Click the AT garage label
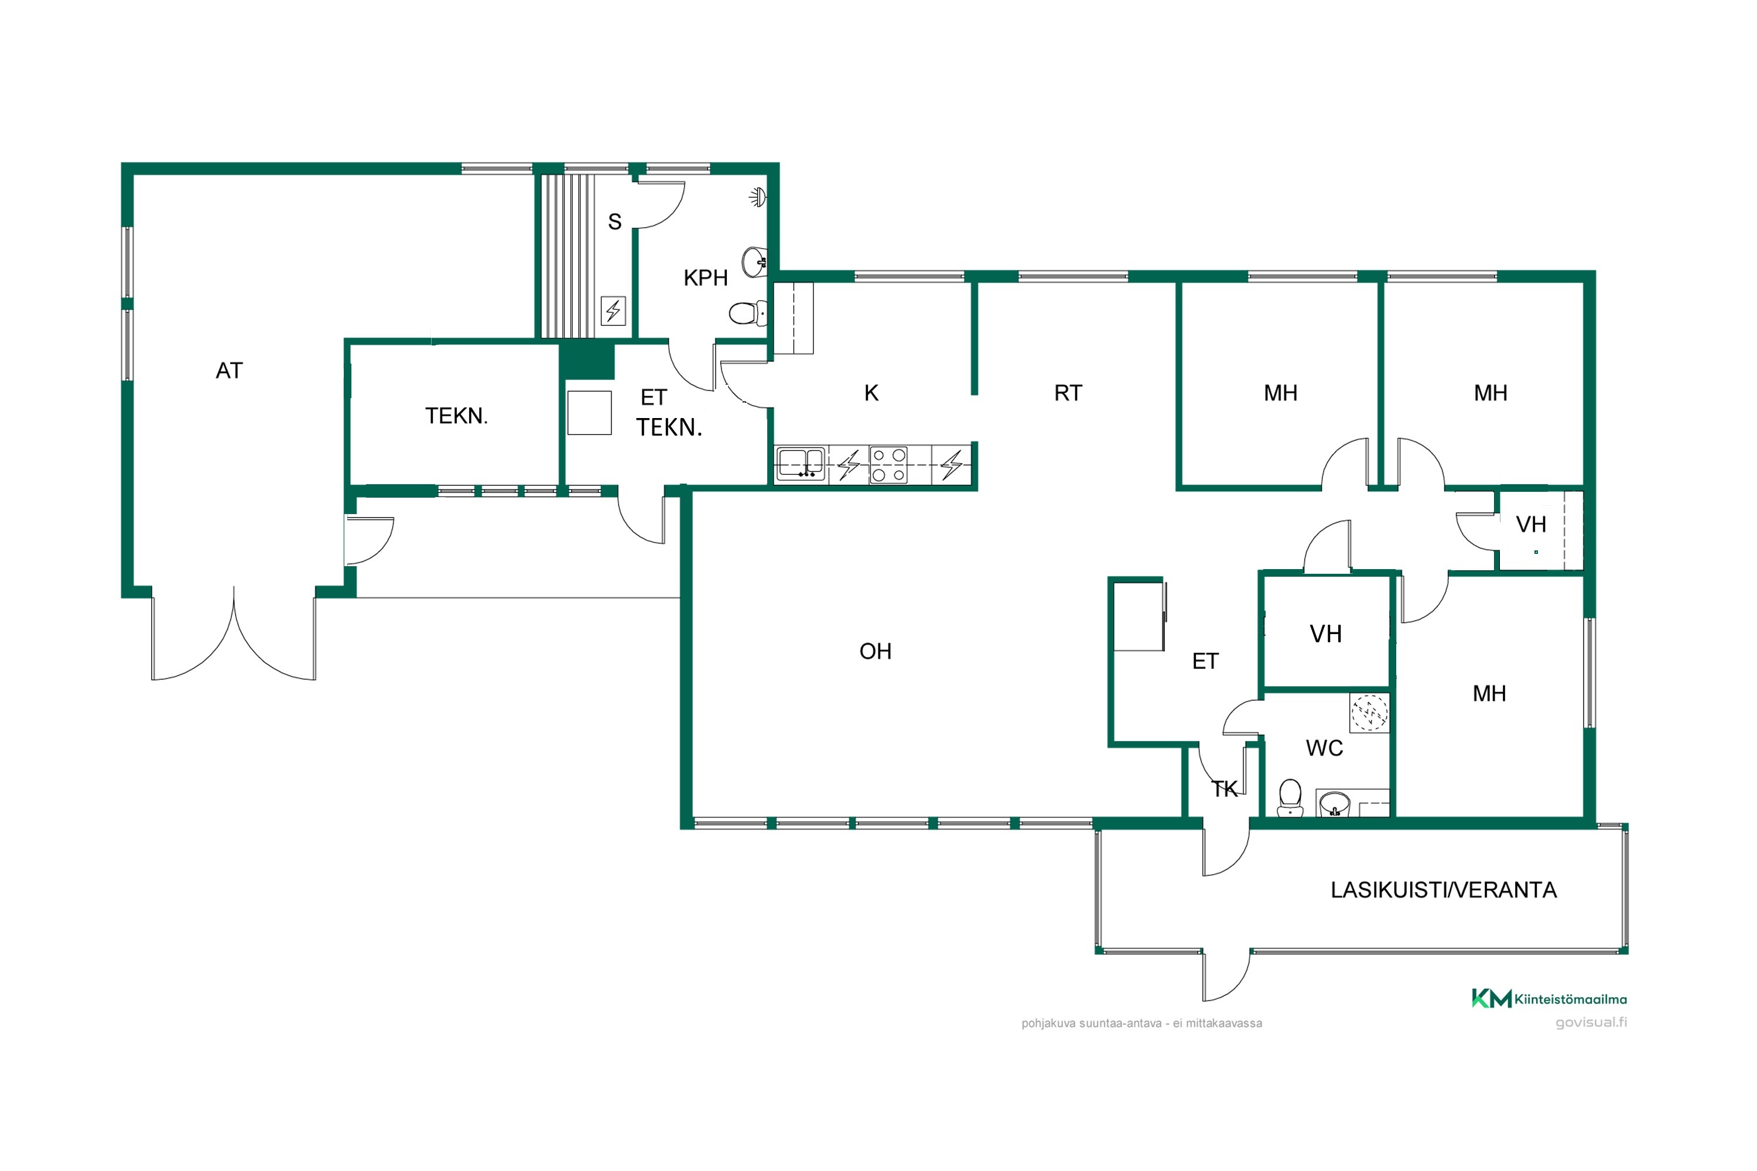click(x=230, y=371)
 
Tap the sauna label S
click(x=615, y=222)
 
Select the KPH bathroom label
click(x=705, y=278)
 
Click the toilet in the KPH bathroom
click(x=748, y=313)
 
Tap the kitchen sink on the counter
click(x=801, y=464)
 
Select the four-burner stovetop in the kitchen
click(x=889, y=464)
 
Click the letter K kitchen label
click(x=871, y=393)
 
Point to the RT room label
click(x=1068, y=393)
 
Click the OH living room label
click(x=876, y=651)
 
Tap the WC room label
click(x=1324, y=748)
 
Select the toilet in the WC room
click(x=1290, y=797)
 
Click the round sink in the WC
click(x=1335, y=805)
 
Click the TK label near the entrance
click(x=1225, y=789)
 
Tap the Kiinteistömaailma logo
click(x=1549, y=998)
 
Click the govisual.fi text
click(x=1591, y=1022)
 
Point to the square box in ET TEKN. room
click(x=589, y=412)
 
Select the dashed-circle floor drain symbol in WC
click(x=1369, y=713)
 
